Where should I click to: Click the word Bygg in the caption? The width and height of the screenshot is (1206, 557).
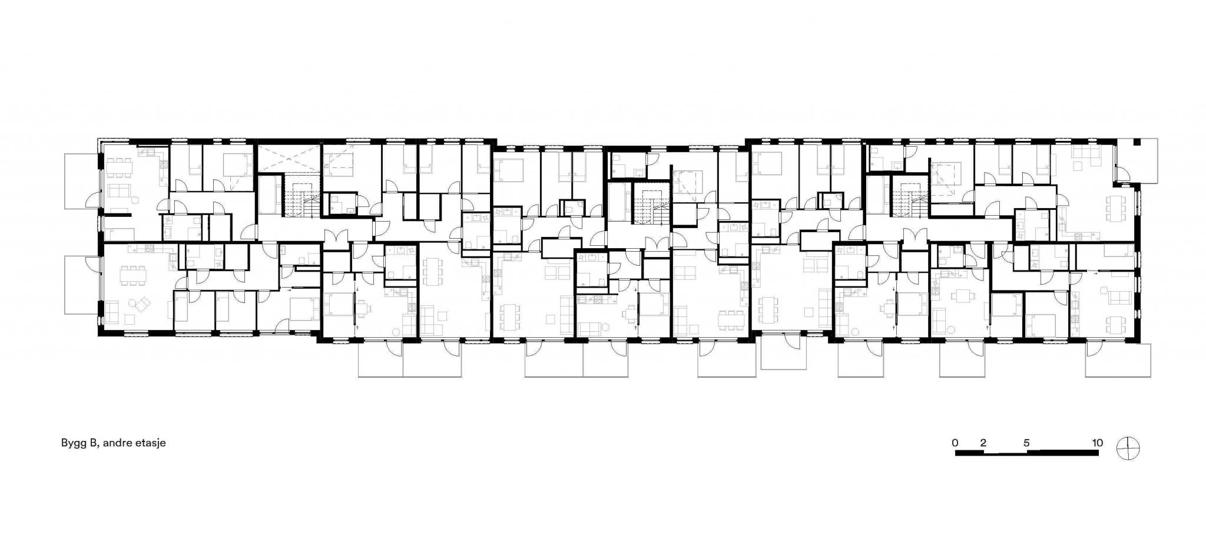coord(74,443)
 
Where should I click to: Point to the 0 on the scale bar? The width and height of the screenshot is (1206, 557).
coord(955,443)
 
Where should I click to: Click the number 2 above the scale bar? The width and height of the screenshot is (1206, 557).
coord(983,443)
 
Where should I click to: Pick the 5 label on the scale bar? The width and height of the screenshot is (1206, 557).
coord(1026,443)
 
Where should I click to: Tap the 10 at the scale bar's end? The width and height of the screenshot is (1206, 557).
coord(1097,443)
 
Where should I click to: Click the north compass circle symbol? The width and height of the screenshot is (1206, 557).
coord(1128,449)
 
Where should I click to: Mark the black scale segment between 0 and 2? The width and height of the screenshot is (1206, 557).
coord(969,453)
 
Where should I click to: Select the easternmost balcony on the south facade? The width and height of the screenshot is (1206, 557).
coord(1118,360)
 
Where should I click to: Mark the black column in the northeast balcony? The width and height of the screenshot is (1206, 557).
coord(1137,143)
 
